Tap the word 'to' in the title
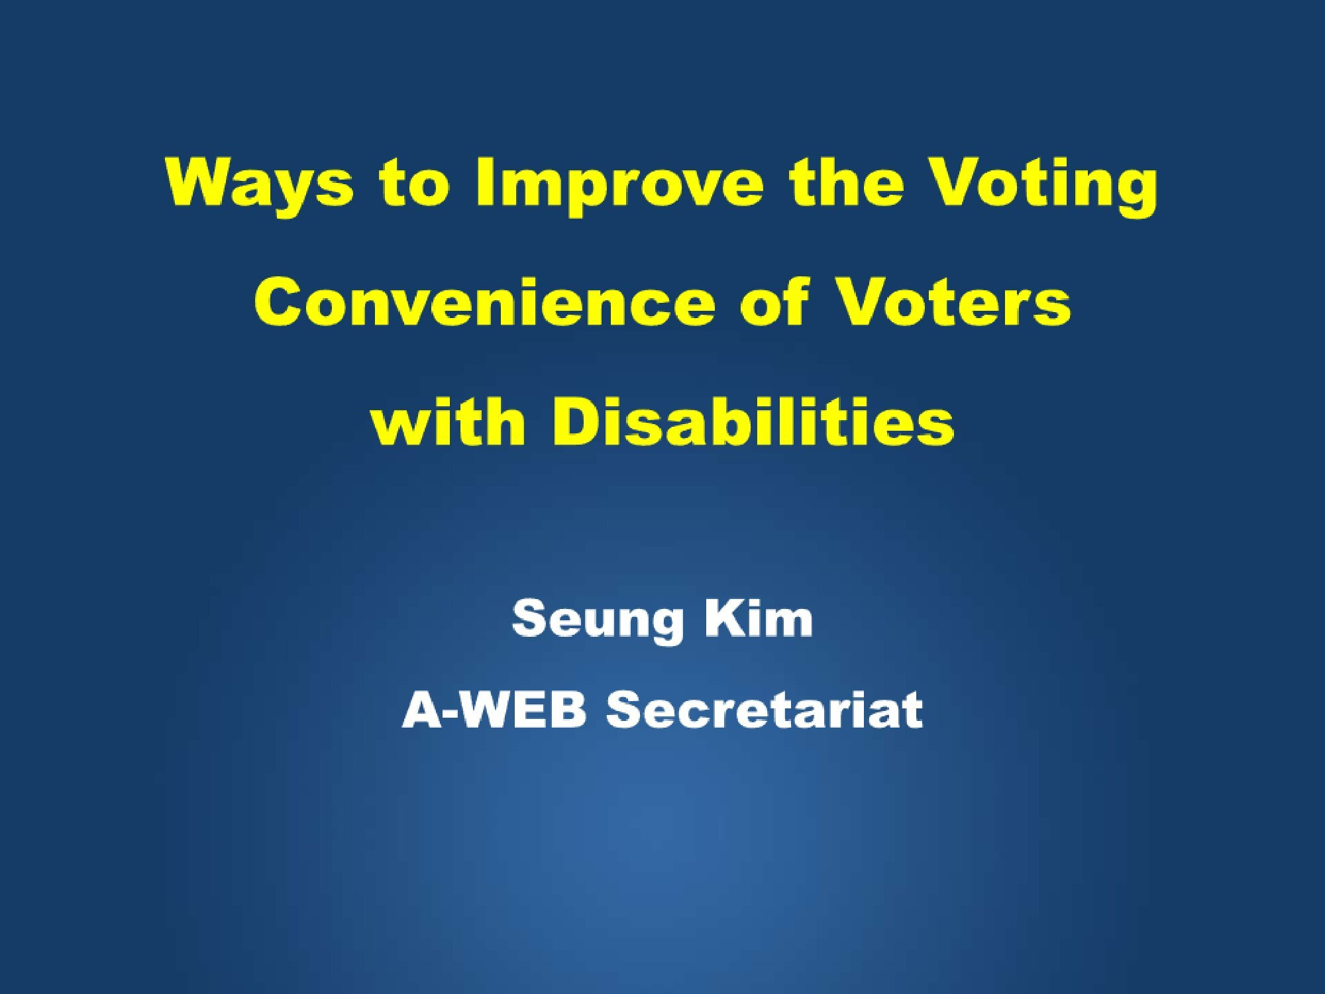click(x=413, y=182)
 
